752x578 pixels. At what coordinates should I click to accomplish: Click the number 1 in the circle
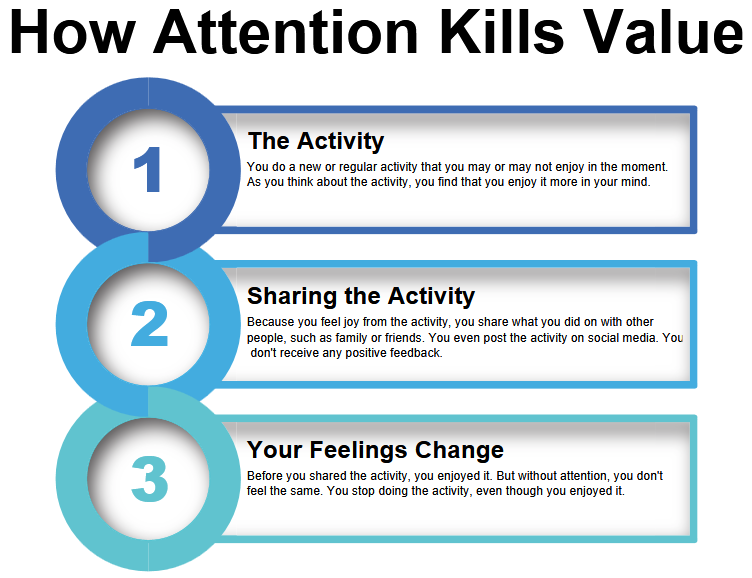[148, 170]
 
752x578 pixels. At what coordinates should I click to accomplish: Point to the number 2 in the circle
[149, 325]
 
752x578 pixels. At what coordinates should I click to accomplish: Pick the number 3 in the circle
[149, 480]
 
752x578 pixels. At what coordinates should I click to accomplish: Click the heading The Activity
[315, 141]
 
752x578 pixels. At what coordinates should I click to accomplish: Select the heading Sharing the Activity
[360, 296]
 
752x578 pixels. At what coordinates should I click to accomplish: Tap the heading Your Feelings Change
[375, 450]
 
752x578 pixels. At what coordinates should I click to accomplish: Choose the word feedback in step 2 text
[416, 353]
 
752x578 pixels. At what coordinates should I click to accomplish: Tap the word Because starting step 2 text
[272, 322]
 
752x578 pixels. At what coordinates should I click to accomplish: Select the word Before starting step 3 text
[267, 476]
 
